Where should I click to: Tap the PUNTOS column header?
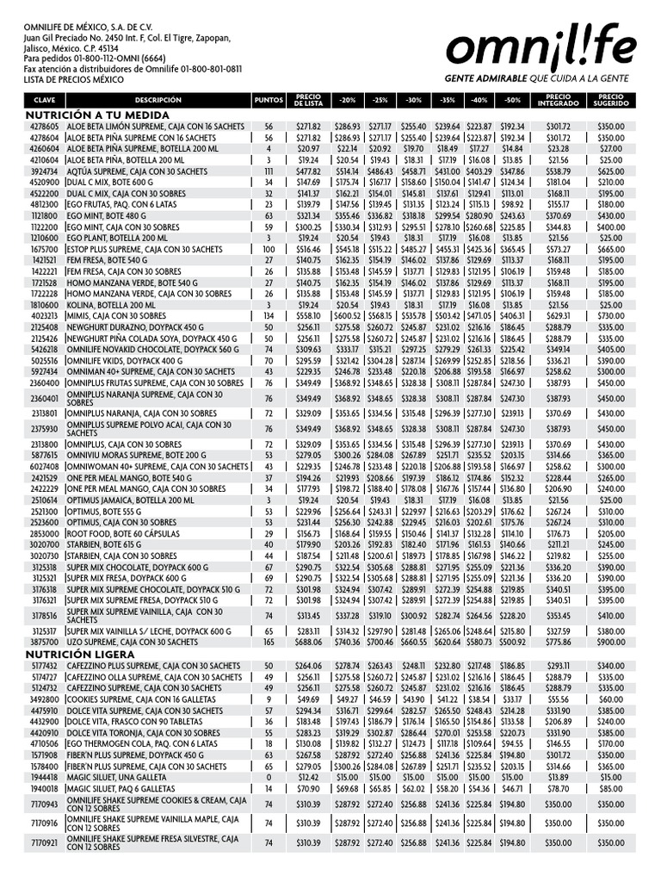click(x=268, y=100)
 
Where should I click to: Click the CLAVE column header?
click(x=44, y=100)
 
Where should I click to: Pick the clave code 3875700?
click(x=44, y=643)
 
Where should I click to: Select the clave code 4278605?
click(x=44, y=127)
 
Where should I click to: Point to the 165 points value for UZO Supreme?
click(x=268, y=643)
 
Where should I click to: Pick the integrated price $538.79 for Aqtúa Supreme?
click(x=558, y=171)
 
